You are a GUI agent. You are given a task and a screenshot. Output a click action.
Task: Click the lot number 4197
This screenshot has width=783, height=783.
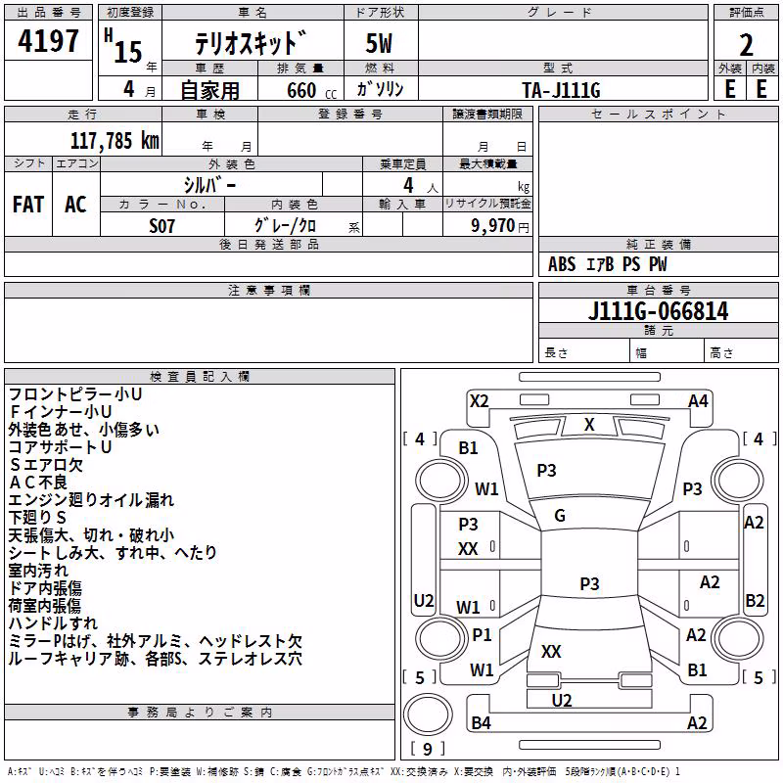[x=48, y=40]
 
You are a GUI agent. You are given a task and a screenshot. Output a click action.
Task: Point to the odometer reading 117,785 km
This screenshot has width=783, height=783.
[x=115, y=141]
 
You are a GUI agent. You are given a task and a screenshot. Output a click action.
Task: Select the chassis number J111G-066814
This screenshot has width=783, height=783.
[x=658, y=311]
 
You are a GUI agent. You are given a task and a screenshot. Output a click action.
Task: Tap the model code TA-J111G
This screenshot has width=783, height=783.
[x=561, y=90]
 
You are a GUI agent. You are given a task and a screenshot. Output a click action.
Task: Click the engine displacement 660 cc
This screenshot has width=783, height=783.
[x=311, y=90]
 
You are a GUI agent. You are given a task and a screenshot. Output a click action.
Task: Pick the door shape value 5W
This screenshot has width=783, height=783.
[x=379, y=43]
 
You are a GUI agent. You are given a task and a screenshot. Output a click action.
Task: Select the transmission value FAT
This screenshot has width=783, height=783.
[x=28, y=205]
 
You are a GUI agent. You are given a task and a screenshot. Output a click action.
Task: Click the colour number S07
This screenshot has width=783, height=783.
[x=161, y=226]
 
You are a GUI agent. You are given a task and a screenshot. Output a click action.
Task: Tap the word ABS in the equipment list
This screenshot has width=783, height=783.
[x=562, y=264]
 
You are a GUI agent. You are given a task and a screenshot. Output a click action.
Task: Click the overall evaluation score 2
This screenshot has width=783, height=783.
[x=746, y=45]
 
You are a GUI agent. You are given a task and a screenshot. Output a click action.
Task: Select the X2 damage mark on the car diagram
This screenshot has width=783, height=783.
[x=480, y=401]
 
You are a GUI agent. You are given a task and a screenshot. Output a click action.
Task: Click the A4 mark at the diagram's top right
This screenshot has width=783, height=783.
[x=698, y=401]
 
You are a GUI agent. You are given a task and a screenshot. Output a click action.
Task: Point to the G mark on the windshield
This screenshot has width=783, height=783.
[x=560, y=516]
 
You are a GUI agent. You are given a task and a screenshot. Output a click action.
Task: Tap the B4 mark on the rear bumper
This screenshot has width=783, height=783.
[x=481, y=722]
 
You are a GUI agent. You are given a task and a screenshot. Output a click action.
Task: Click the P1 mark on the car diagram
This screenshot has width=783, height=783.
[x=482, y=634]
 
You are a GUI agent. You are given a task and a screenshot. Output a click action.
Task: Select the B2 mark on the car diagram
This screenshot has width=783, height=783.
[x=755, y=600]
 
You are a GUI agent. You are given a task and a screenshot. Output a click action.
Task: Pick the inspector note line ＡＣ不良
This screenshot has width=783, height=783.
[x=38, y=483]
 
